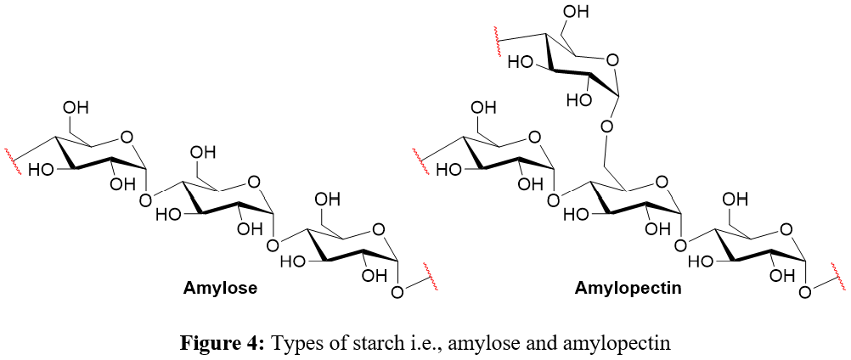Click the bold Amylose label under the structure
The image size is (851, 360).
coord(220,289)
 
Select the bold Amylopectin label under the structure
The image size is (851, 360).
coord(628,289)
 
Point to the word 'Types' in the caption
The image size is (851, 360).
coord(294,343)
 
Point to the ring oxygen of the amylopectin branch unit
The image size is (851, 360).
coord(613,59)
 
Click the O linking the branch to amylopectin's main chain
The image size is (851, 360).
coord(606,127)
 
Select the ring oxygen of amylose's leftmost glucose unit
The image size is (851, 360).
coord(127,135)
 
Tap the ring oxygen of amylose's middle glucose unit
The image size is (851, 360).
coord(252,182)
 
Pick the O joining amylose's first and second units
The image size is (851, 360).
coord(145,200)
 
